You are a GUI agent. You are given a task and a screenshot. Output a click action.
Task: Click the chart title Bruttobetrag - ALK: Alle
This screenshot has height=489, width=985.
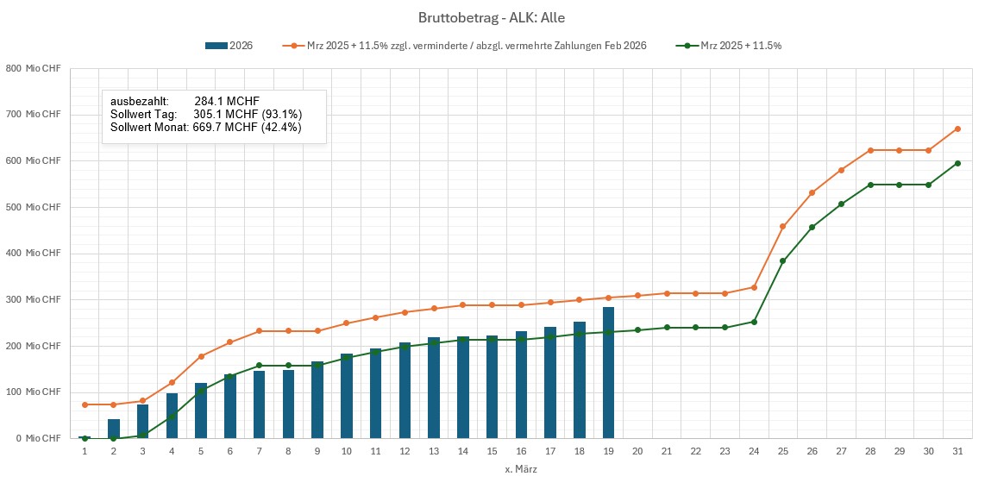click(492, 17)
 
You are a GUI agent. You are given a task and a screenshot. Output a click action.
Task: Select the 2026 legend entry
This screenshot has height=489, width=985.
click(229, 46)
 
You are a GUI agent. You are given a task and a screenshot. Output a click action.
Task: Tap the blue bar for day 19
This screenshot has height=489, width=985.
click(608, 373)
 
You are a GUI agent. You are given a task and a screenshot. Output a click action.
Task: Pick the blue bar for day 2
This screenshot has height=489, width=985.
click(114, 429)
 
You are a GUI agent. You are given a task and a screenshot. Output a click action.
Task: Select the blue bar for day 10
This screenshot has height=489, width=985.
click(347, 396)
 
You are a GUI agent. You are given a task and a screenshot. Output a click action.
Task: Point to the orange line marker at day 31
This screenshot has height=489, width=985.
click(957, 129)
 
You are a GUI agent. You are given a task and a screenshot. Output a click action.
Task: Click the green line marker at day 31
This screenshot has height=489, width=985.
click(957, 163)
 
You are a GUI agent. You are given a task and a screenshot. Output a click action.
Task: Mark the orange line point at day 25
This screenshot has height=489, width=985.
click(783, 227)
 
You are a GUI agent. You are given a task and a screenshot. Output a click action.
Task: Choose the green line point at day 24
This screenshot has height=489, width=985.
click(754, 322)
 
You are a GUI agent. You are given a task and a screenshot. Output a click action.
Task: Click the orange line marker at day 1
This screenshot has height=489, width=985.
click(85, 404)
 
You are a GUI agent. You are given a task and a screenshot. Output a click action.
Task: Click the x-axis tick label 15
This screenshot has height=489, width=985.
click(492, 452)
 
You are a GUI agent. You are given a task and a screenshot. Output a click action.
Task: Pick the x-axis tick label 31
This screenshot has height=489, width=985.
click(957, 452)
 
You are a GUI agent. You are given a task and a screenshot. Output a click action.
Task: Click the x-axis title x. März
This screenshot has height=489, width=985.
click(521, 469)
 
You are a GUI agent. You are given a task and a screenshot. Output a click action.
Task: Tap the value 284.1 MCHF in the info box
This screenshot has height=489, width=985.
click(227, 101)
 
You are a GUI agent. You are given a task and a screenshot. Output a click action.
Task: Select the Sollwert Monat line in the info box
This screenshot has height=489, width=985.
click(205, 127)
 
